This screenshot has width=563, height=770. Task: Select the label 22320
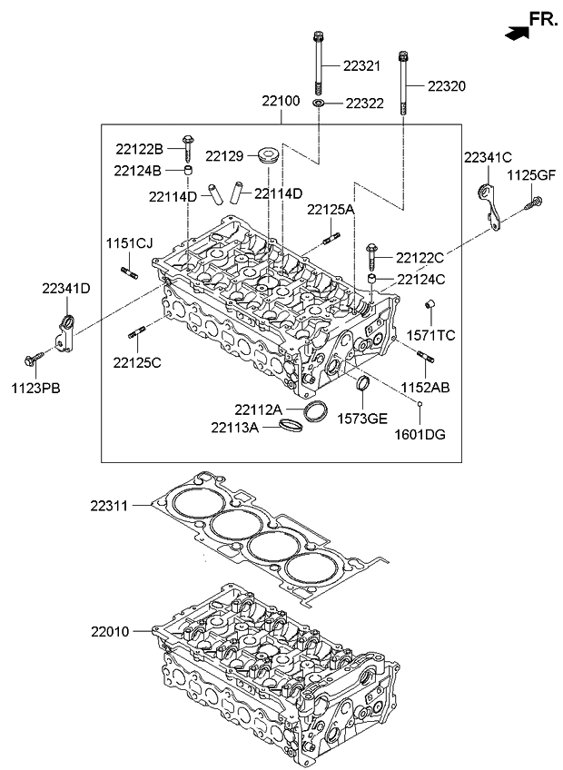(447, 86)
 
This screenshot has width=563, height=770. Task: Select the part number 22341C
(489, 158)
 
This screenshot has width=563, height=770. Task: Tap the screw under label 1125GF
(535, 205)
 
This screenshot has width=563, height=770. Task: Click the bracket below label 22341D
(64, 331)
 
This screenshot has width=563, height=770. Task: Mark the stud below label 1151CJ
(127, 270)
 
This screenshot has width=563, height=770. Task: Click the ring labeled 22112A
(315, 411)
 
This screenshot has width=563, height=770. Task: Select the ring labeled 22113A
(291, 425)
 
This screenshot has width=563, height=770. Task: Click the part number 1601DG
(422, 435)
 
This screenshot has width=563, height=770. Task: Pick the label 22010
(111, 630)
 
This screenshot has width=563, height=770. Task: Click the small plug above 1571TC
(432, 303)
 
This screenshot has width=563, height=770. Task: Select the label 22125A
(331, 210)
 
